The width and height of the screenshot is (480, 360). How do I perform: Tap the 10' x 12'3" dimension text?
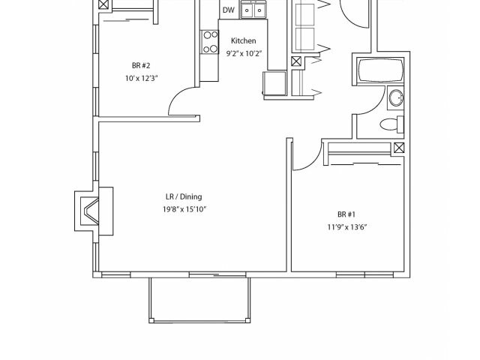pos(141,77)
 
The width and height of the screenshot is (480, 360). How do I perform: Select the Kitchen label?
pos(243,40)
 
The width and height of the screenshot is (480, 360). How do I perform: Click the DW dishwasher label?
pos(229,10)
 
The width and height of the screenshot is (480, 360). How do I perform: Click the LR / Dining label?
pos(184,196)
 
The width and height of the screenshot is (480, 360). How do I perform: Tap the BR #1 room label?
pos(346,213)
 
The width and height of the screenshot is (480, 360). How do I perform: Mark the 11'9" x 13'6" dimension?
pos(346,226)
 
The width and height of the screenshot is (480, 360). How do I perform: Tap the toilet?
pos(391,124)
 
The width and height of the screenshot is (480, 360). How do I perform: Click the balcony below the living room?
pos(199,299)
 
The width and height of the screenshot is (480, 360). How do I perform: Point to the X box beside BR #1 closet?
pos(398,148)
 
